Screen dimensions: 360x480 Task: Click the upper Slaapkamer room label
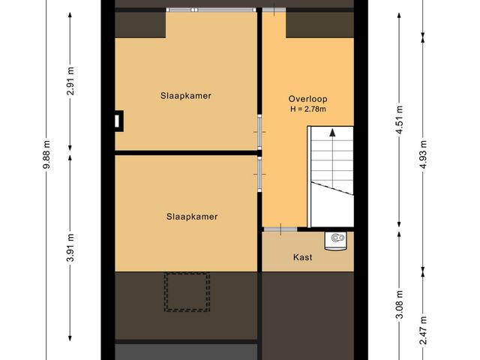click(x=185, y=96)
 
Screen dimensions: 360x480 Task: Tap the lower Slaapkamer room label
click(x=192, y=217)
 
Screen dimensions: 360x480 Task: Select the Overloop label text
click(x=308, y=99)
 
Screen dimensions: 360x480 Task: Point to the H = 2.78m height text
click(x=308, y=109)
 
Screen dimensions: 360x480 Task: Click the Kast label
click(x=302, y=257)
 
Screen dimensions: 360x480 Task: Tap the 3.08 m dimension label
click(x=399, y=306)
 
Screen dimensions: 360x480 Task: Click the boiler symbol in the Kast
click(x=336, y=240)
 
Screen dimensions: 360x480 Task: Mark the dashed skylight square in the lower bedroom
click(x=187, y=292)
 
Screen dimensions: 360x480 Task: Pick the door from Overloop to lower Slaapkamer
click(x=259, y=172)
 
